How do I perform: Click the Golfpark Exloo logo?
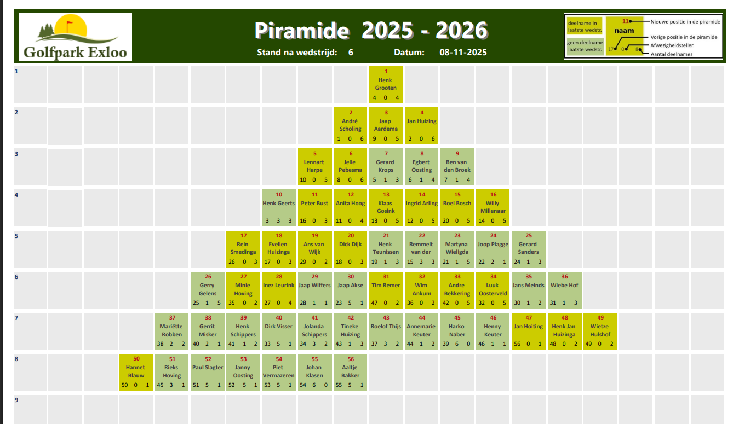pyautogui.click(x=76, y=37)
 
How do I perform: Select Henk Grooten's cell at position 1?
pyautogui.click(x=386, y=85)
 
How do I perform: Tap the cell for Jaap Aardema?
pyautogui.click(x=386, y=126)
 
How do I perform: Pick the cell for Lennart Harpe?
pyautogui.click(x=314, y=167)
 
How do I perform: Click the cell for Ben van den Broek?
pyautogui.click(x=457, y=167)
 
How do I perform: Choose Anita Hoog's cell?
pyautogui.click(x=351, y=208)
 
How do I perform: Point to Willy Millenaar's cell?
pyautogui.click(x=493, y=208)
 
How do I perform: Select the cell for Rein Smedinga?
pyautogui.click(x=243, y=249)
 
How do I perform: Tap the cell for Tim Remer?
pyautogui.click(x=386, y=291)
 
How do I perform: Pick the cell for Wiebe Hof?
pyautogui.click(x=564, y=291)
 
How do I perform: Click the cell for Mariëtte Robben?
pyautogui.click(x=172, y=332)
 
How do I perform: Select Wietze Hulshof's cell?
pyautogui.click(x=600, y=332)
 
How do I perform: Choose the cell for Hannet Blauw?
pyautogui.click(x=136, y=373)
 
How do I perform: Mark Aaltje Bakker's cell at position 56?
pyautogui.click(x=351, y=373)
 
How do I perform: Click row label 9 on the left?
pyautogui.click(x=16, y=400)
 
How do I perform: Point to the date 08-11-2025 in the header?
pyautogui.click(x=463, y=53)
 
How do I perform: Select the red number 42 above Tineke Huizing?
pyautogui.click(x=351, y=318)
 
